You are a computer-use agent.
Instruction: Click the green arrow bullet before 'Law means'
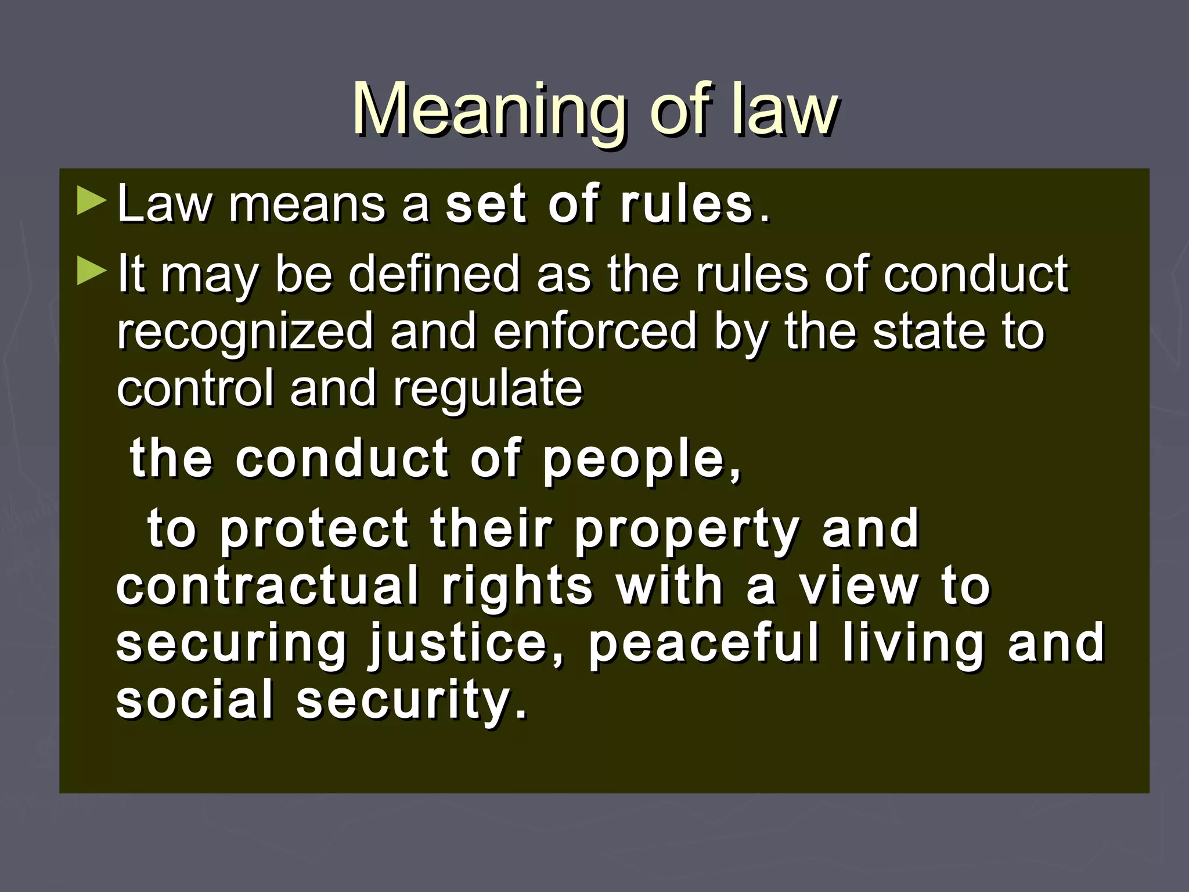(91, 201)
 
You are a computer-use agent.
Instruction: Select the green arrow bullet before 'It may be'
(91, 271)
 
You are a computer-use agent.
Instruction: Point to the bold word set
(487, 204)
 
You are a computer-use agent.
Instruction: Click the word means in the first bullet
(307, 204)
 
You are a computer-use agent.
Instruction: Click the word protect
(314, 528)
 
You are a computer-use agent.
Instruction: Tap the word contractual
(268, 587)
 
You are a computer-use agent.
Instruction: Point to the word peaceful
(704, 643)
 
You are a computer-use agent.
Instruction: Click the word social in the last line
(194, 699)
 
